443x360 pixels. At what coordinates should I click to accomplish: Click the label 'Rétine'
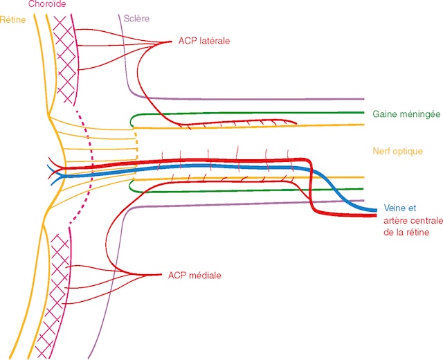point(14,19)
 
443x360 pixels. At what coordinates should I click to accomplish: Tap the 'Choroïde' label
point(46,4)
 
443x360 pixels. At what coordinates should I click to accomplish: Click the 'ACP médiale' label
point(195,276)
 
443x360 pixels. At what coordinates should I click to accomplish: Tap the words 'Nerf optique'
point(397,151)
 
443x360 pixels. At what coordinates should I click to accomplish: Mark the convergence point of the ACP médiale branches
point(161,275)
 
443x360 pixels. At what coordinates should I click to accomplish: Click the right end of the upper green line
point(363,111)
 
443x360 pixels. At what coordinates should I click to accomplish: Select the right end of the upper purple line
point(363,99)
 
